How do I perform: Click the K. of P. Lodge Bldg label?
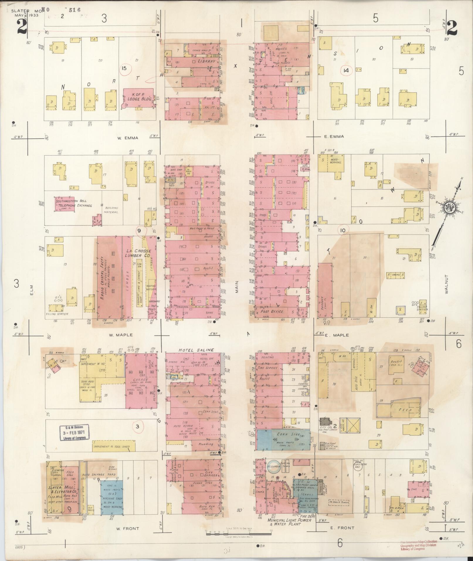tap(138, 97)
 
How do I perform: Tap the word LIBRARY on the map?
tap(206, 61)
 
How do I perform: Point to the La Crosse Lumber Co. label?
tap(138, 253)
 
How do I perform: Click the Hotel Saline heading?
tap(196, 350)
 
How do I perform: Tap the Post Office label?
tap(272, 311)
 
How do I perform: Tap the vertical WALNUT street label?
tap(446, 284)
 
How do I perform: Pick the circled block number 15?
tap(124, 68)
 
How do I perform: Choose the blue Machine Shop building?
tap(112, 496)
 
